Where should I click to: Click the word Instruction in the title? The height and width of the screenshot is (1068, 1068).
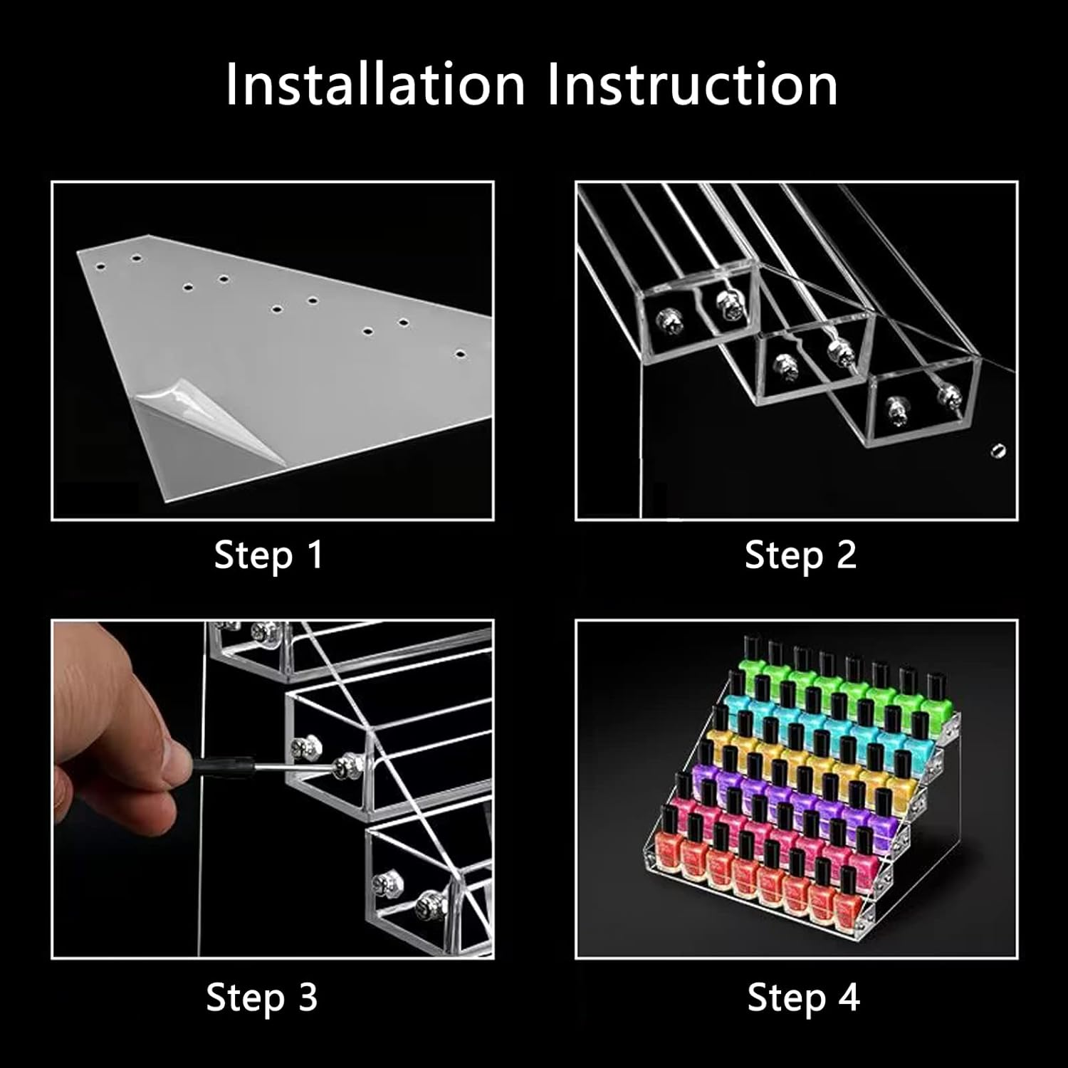693,85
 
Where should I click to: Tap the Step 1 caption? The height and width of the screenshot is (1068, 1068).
268,555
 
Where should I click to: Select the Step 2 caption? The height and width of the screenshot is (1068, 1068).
800,555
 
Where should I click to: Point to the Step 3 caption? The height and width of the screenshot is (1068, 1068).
261,997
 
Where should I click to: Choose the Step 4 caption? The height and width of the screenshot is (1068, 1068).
803,997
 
